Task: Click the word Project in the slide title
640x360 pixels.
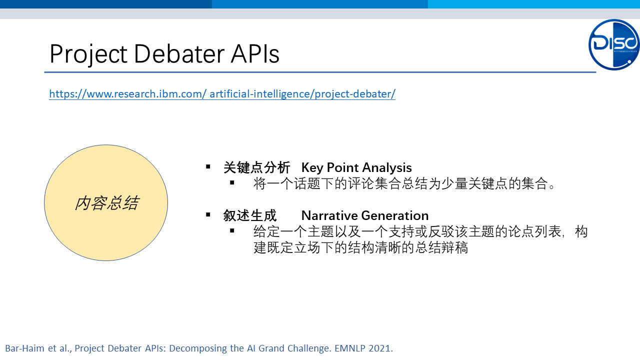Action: click(88, 54)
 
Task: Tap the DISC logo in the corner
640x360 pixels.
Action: click(613, 44)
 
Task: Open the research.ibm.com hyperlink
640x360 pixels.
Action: click(222, 93)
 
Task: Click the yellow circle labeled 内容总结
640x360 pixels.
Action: click(106, 202)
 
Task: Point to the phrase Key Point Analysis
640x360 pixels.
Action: click(356, 167)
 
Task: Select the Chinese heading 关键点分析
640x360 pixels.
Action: click(256, 167)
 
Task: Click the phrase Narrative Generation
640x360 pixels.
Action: click(365, 215)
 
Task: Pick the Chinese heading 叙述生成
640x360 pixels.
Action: click(249, 215)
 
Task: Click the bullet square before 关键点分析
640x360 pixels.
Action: click(208, 166)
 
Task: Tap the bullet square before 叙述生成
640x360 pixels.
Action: click(208, 214)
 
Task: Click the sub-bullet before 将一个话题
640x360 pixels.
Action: click(232, 182)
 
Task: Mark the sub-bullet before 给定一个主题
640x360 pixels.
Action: click(232, 230)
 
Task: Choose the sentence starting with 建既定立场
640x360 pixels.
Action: click(360, 247)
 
